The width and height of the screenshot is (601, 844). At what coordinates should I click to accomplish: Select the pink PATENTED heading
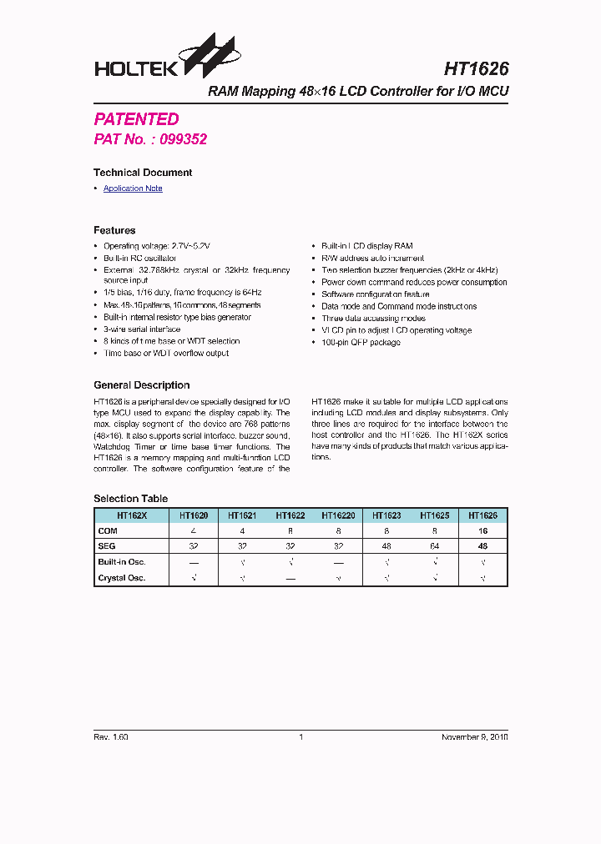136,119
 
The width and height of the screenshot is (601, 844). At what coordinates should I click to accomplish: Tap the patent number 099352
182,139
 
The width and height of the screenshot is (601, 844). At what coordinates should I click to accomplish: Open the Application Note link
133,188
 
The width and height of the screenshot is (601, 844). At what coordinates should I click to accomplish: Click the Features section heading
114,230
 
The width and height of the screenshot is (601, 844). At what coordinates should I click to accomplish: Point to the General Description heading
141,385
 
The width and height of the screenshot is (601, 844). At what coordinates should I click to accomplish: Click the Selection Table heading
130,499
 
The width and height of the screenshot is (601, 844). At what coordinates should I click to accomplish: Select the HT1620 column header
194,515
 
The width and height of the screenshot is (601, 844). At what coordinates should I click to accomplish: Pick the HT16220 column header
338,515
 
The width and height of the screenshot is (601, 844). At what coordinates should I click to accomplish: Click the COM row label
108,530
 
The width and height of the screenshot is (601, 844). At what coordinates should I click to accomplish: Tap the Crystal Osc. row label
121,578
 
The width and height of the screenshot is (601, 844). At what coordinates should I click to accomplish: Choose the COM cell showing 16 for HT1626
482,530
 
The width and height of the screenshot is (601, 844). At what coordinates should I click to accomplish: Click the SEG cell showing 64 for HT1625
434,546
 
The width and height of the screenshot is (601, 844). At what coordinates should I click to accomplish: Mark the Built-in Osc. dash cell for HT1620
194,562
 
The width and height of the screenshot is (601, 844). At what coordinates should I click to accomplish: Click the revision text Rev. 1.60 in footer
110,737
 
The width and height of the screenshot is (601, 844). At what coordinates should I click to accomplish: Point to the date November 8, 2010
474,737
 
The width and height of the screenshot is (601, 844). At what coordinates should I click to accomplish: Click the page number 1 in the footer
300,737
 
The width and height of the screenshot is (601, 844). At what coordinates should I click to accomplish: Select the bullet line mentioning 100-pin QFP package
361,342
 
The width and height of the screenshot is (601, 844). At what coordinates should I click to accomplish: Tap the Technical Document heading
143,173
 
